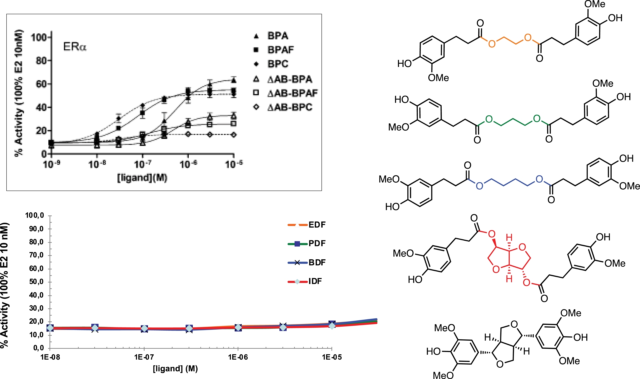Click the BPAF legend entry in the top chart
(x=280, y=50)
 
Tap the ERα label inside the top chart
(x=75, y=47)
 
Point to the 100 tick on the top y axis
(x=39, y=37)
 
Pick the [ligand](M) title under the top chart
(x=142, y=178)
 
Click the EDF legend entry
(x=317, y=225)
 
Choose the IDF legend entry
(x=315, y=281)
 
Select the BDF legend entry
(x=317, y=262)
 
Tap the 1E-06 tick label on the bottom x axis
(x=238, y=357)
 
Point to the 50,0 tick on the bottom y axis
(x=36, y=282)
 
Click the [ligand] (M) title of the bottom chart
(x=175, y=369)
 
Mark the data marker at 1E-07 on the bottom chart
(x=144, y=329)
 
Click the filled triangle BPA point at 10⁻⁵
(x=234, y=80)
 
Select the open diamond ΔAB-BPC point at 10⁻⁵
(x=234, y=135)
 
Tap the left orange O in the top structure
(x=492, y=44)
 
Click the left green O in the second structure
(x=489, y=119)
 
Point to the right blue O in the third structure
(x=539, y=180)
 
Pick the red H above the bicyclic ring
(x=509, y=238)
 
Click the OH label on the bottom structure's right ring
(x=580, y=337)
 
